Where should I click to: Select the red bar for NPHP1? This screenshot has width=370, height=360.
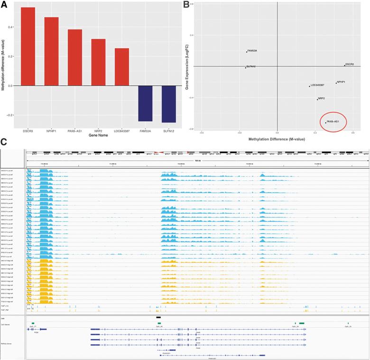51,51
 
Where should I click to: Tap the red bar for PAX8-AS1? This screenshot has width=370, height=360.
74,57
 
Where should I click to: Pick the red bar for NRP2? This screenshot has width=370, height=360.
98,62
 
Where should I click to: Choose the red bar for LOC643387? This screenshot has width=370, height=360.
121,67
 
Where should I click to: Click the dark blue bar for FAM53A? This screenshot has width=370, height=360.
145,103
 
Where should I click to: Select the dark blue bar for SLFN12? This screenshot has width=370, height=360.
168,104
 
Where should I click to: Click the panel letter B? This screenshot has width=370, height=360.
188,4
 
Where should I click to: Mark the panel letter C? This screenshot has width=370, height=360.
4,142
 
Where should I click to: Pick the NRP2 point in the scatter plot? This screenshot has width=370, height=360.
317,100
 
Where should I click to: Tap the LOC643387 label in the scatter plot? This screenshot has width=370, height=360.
317,85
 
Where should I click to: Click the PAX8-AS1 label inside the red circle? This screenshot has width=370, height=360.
333,121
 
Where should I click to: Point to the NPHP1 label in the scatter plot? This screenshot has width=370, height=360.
341,82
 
